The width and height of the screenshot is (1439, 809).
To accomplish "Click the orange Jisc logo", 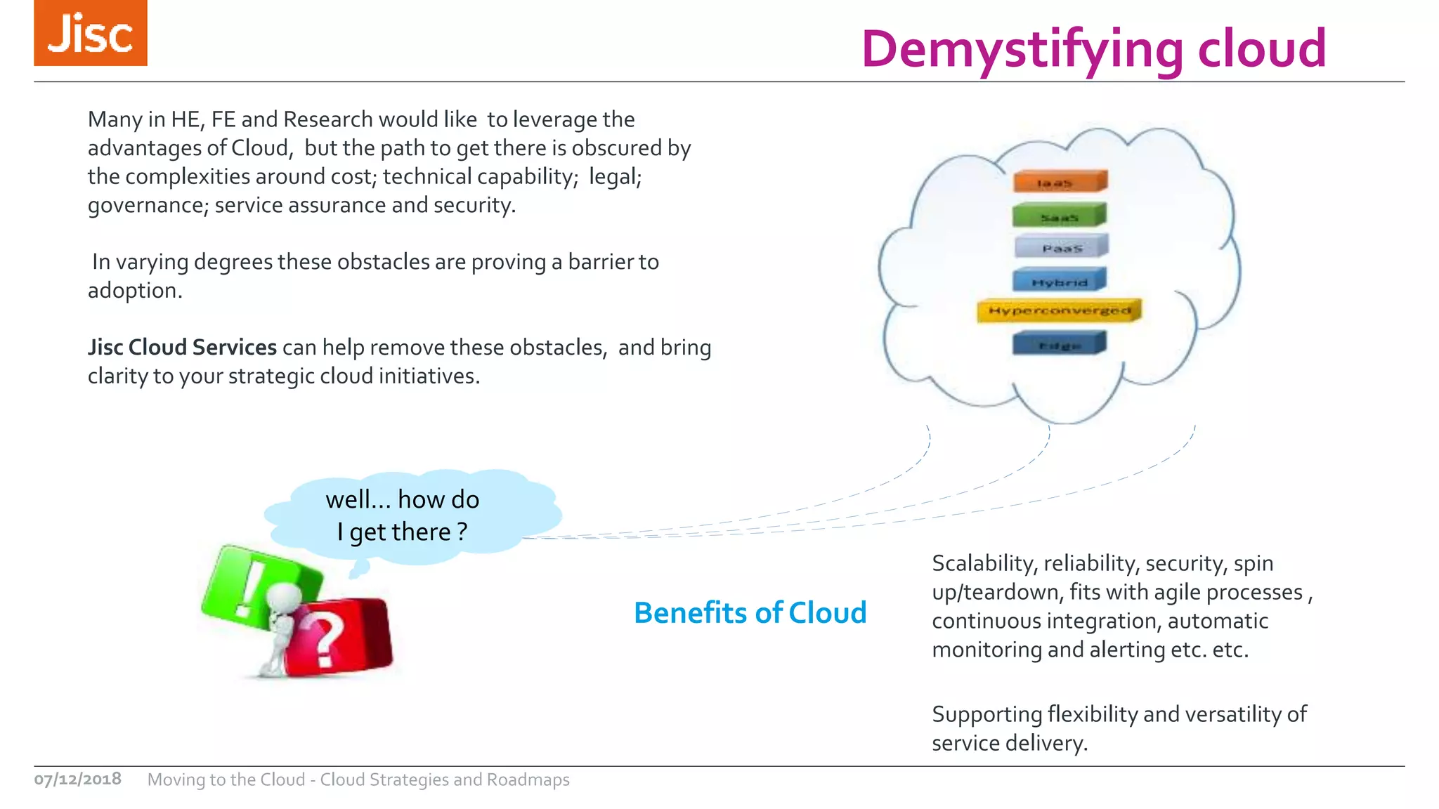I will click(90, 33).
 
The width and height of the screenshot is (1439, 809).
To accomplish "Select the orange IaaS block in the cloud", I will click(1060, 182).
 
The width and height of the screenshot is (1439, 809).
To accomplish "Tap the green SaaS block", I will click(1059, 216).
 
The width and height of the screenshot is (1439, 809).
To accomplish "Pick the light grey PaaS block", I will click(1061, 247).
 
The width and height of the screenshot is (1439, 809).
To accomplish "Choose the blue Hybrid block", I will click(1059, 281).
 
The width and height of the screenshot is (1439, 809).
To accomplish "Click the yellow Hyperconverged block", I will click(1059, 310).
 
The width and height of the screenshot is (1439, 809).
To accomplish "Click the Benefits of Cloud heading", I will click(750, 613).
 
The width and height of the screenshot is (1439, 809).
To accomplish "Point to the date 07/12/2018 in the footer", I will click(77, 780).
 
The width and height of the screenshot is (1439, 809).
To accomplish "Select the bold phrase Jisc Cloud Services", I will click(182, 348).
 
